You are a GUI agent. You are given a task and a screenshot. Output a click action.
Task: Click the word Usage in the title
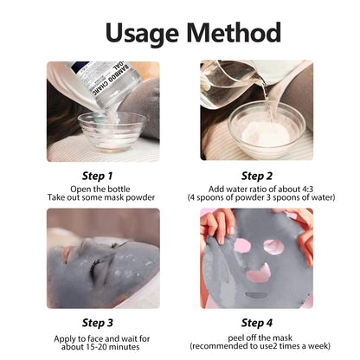(x=142, y=33)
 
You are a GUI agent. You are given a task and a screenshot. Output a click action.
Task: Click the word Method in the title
(x=234, y=32)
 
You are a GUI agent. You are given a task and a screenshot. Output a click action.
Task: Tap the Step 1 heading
(x=97, y=176)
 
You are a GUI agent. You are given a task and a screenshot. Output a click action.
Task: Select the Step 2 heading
(x=257, y=176)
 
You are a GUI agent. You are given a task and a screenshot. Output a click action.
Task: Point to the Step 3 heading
(x=97, y=323)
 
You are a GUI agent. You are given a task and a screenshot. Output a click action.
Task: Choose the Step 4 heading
(x=257, y=323)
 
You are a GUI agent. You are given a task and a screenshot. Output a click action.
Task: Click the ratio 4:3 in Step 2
(x=306, y=190)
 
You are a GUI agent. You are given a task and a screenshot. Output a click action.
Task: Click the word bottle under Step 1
(x=119, y=190)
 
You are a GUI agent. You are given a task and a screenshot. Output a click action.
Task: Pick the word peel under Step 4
(x=235, y=338)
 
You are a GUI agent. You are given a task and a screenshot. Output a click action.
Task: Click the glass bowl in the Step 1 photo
(x=112, y=132)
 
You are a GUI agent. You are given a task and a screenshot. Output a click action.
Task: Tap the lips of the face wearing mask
(x=67, y=254)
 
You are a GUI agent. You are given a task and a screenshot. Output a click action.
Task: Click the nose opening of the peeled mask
(x=259, y=273)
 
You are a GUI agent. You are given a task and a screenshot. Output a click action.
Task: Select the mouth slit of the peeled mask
(x=256, y=296)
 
